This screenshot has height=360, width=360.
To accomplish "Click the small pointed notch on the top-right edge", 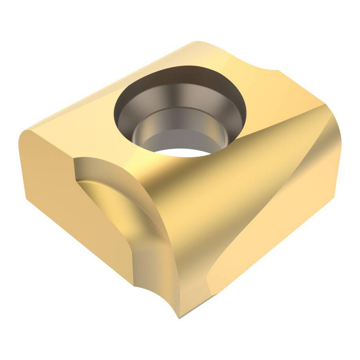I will [x=277, y=70].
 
